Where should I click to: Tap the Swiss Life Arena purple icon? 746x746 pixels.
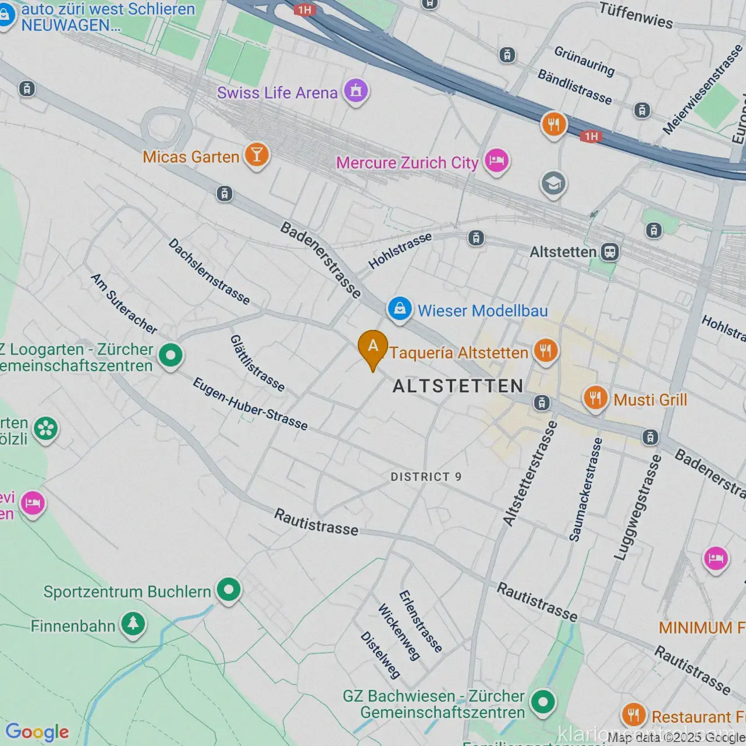(356, 90)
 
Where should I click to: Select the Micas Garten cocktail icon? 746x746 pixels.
(257, 155)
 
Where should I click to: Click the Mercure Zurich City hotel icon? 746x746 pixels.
(496, 160)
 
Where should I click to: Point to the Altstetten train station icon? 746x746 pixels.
(609, 252)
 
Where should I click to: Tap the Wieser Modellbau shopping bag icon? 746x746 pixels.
(400, 308)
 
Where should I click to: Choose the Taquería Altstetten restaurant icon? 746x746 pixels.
(545, 351)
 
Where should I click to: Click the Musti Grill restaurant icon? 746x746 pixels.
(595, 398)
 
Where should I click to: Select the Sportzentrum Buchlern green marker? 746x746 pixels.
(229, 589)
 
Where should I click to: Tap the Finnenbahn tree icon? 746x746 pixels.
(133, 624)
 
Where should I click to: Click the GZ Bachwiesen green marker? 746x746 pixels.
(543, 702)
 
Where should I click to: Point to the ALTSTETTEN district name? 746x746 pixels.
(458, 386)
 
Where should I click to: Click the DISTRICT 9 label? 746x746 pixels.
(426, 477)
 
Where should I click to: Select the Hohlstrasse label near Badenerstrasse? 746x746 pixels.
(400, 250)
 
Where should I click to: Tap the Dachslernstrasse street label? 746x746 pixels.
(209, 271)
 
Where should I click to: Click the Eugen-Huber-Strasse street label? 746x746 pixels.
(250, 403)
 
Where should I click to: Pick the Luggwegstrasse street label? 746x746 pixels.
(638, 507)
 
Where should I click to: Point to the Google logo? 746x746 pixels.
(37, 731)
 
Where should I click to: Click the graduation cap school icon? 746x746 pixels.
(553, 184)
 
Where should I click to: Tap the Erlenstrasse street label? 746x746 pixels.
(420, 621)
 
